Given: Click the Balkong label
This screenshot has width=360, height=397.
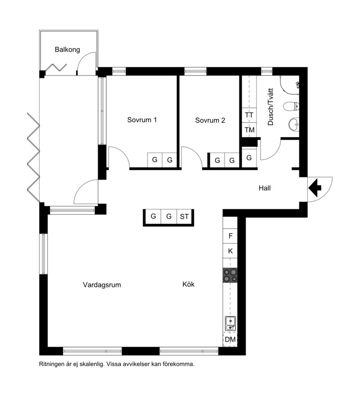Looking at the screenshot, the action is tap(67, 50).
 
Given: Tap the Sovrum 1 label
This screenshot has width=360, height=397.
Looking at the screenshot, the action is tap(142, 120).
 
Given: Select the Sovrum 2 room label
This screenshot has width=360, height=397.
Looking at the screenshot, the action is tap(210, 120).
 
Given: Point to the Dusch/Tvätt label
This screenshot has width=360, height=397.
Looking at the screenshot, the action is tap(270, 107).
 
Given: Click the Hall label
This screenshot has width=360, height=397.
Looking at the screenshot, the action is tap(265, 188).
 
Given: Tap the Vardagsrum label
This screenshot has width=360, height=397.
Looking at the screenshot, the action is tap(102, 285).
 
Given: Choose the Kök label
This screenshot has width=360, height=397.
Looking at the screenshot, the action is tap(189, 284).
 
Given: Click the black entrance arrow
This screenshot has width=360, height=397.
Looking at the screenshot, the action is tap(315, 188).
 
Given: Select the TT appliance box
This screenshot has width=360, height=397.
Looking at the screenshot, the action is tap(249, 115).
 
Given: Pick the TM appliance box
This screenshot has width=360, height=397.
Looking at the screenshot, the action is tap(249, 130).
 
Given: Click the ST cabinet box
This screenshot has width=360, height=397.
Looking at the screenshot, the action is tap(184, 217).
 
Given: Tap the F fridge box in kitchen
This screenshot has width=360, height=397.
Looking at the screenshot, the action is tap(230, 236).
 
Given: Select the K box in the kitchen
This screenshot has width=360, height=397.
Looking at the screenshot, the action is tap(230, 251).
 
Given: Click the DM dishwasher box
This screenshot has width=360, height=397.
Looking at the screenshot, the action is tap(230, 339).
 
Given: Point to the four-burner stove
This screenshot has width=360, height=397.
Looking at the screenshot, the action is tap(230, 275).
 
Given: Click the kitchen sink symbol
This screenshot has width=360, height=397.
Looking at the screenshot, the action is tap(230, 324).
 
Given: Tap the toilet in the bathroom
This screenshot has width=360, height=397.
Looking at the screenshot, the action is tap(292, 107).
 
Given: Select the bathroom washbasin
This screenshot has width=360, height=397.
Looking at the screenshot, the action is tap(294, 125).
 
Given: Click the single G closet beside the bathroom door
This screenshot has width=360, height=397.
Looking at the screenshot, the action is tap(249, 158).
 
